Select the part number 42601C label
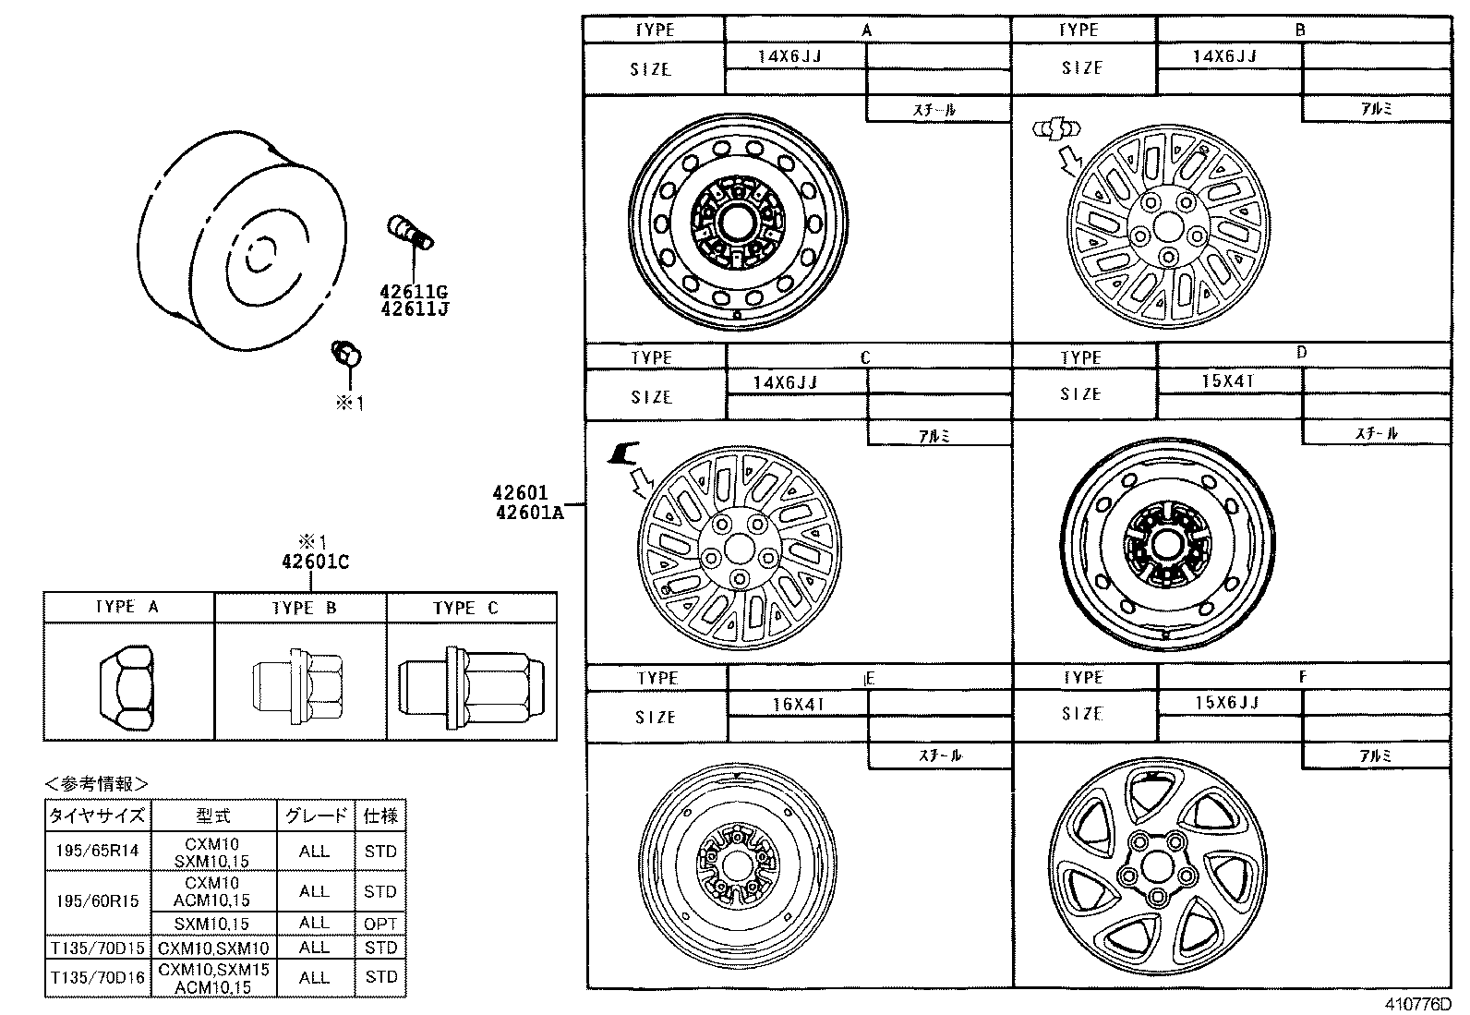point(315,562)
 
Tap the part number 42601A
point(528,512)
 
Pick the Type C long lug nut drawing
point(472,684)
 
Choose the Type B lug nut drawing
point(300,684)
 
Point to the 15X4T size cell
point(1228,381)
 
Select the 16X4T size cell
point(798,704)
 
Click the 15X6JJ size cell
point(1227,703)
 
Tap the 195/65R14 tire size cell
point(97,851)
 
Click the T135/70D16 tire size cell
point(97,977)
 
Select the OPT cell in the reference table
point(380,923)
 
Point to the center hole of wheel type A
point(738,222)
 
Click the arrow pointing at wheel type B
point(1070,158)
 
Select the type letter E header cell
point(868,678)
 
